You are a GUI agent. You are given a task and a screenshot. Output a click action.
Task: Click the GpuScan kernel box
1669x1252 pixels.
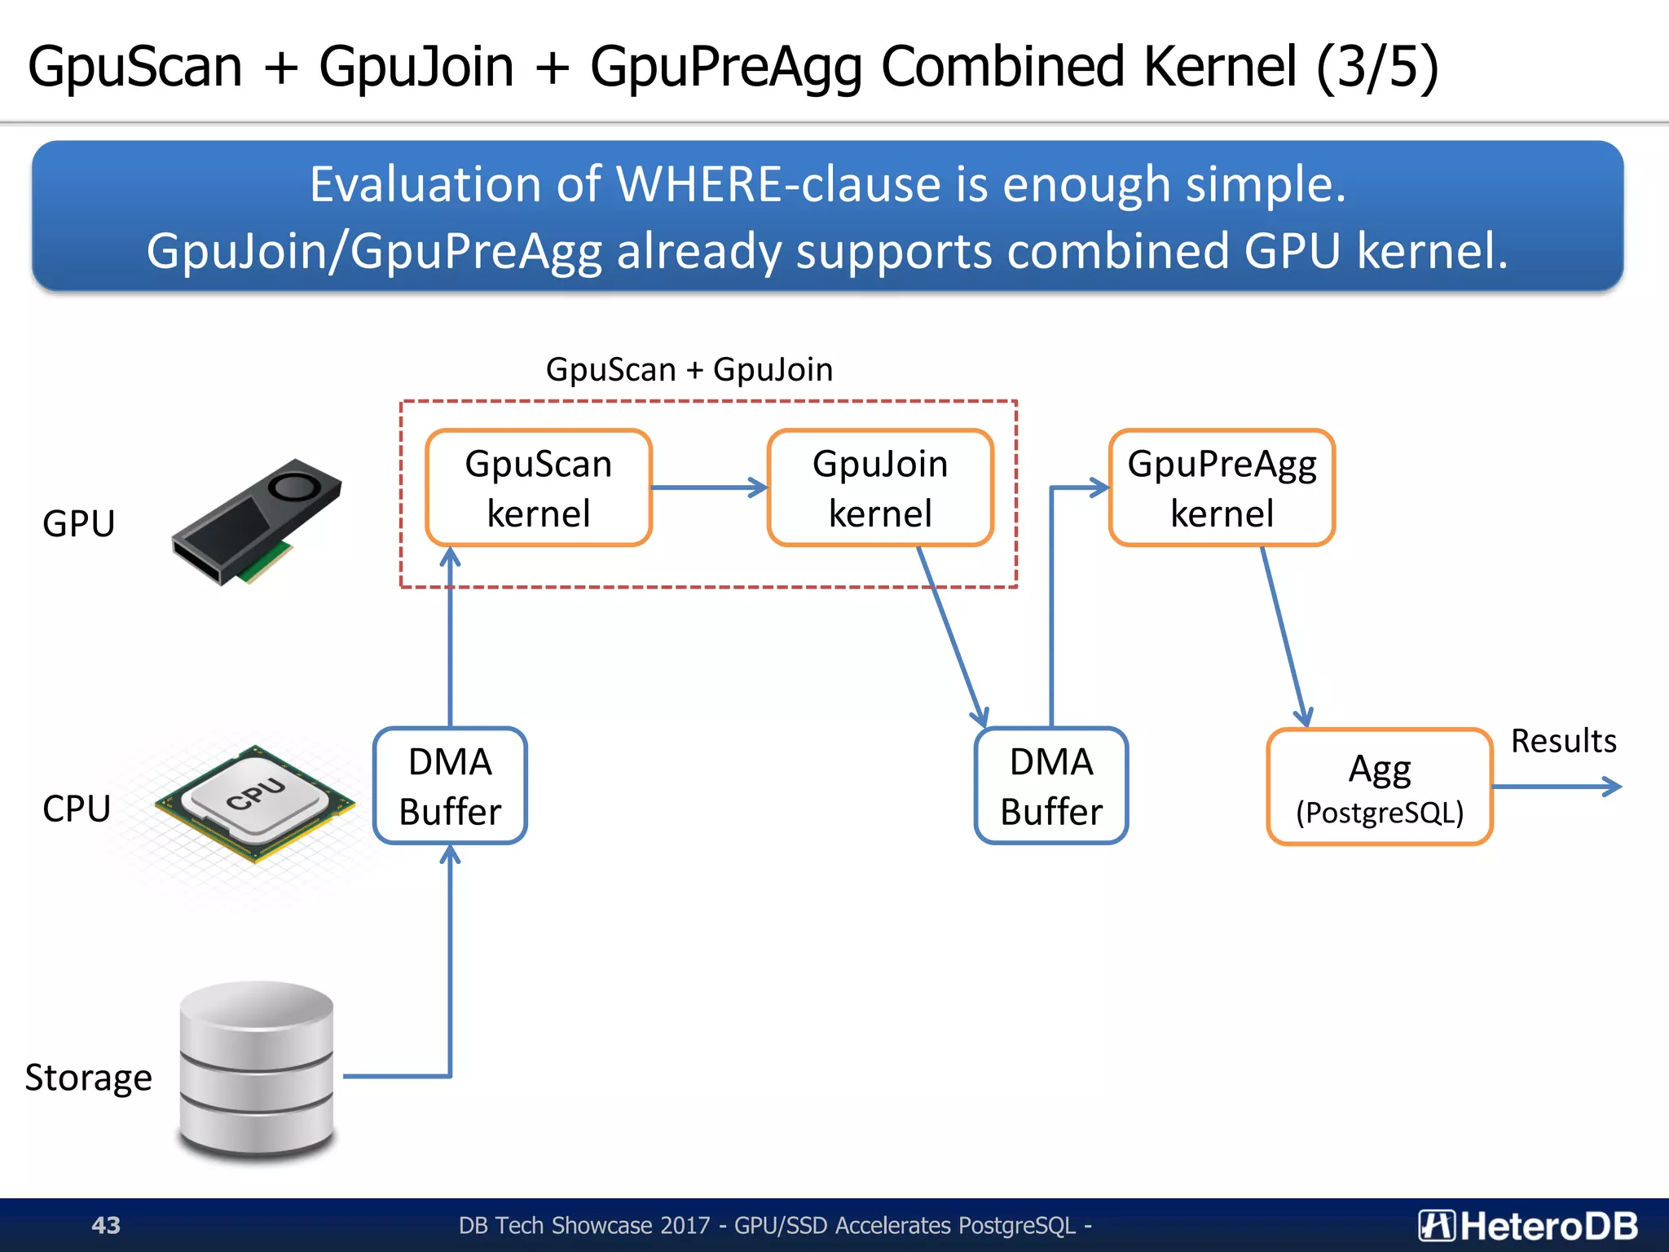tap(539, 487)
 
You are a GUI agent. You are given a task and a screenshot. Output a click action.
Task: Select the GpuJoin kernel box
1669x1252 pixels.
tap(880, 487)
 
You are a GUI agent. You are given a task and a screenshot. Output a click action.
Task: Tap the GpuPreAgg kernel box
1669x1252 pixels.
tap(1222, 487)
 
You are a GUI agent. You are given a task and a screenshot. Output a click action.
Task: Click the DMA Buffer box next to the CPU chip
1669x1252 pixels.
tap(450, 786)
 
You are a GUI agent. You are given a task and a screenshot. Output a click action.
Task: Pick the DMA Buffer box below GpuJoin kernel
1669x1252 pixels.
tap(1051, 786)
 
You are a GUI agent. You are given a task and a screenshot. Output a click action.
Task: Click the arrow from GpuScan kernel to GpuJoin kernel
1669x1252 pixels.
tap(709, 487)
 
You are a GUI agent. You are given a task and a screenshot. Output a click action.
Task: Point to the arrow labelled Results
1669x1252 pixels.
tap(1557, 787)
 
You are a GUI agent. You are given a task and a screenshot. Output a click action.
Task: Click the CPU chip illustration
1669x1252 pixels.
tap(255, 803)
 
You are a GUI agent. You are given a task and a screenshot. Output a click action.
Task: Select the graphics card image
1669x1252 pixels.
tap(256, 522)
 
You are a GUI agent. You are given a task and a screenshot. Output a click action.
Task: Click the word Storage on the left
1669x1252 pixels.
tap(89, 1078)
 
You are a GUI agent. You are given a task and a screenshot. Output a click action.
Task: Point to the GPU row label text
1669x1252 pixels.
tap(78, 523)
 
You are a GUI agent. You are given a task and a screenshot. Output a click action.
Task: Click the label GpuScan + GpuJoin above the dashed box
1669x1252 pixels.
tap(689, 369)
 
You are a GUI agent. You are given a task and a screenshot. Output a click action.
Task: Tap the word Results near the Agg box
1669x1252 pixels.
tap(1563, 741)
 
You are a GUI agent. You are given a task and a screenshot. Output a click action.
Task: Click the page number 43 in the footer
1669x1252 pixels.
tap(106, 1225)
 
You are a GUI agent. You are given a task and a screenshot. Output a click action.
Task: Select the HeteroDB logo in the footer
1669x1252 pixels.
tap(1527, 1225)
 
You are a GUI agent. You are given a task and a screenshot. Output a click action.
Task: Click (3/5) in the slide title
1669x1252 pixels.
tap(1377, 67)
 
